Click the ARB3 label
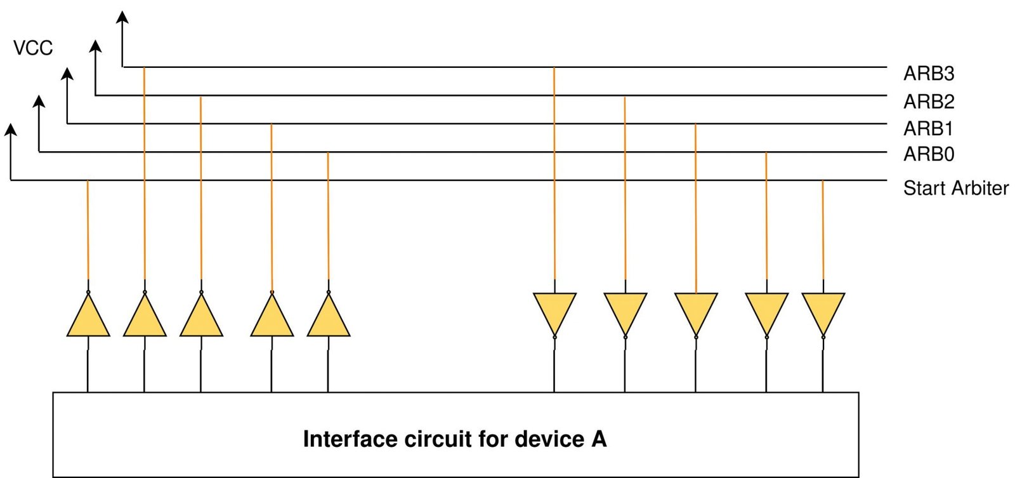(x=928, y=74)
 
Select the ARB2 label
(x=928, y=102)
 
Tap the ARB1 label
(x=927, y=129)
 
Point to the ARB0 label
(x=928, y=154)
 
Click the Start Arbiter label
(x=955, y=188)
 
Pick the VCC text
(x=33, y=48)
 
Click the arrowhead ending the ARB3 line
(x=122, y=16)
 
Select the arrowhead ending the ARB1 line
(x=67, y=74)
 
